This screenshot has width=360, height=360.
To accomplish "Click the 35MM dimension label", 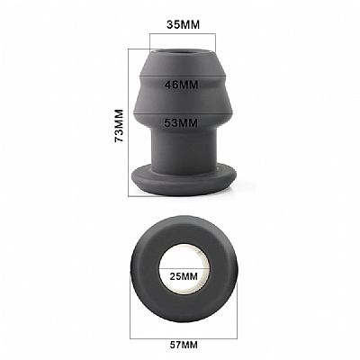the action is coord(183,24).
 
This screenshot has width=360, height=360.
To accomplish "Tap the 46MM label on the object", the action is coord(182,85).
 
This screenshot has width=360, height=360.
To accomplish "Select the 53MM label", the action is coord(181,123).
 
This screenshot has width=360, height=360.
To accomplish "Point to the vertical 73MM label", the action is coord(119,126).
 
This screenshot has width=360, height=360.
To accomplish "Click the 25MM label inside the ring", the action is coord(184,276).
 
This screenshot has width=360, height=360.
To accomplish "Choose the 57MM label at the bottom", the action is coord(184,345).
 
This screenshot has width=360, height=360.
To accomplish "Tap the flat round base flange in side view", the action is coord(183,180).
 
